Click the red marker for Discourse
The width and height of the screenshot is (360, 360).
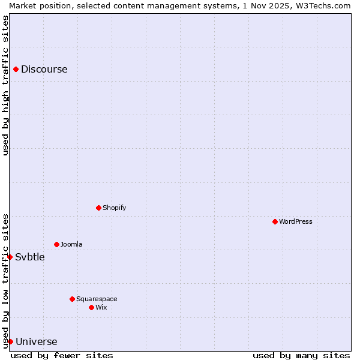click(16, 69)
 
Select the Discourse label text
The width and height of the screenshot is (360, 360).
click(44, 69)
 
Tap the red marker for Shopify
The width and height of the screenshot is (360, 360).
click(98, 208)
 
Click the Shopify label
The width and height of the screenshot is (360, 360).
click(114, 208)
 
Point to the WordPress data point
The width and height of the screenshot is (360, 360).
click(275, 221)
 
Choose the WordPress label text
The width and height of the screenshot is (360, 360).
click(295, 221)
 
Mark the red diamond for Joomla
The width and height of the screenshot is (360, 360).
click(56, 244)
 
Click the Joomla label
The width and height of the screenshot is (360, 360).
click(71, 244)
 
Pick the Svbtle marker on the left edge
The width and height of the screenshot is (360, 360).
click(10, 257)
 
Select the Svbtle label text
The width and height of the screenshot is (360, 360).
click(30, 257)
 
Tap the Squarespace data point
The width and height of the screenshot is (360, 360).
click(72, 299)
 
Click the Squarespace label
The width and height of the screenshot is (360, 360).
click(97, 299)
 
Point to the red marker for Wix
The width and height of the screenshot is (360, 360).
click(91, 307)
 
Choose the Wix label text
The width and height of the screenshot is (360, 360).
click(101, 307)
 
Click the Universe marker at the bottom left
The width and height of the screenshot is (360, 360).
click(10, 341)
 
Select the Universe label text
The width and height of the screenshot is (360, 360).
click(36, 342)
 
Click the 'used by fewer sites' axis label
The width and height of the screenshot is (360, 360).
click(62, 355)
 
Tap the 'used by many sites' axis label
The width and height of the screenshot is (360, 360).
click(301, 355)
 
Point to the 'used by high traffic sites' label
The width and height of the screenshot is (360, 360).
click(5, 85)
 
